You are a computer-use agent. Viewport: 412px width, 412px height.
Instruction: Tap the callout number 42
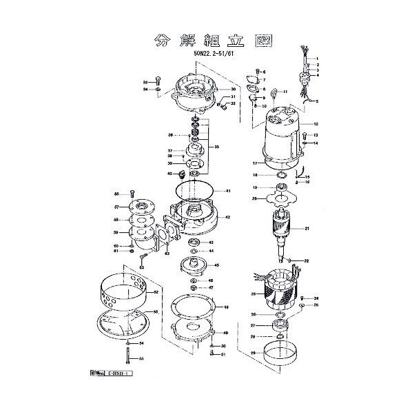click(x=227, y=217)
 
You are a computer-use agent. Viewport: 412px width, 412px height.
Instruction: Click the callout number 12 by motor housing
click(x=315, y=124)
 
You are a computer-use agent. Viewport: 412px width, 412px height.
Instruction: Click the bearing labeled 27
click(x=282, y=325)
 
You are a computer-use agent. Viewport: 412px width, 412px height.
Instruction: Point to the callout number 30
click(x=233, y=90)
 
